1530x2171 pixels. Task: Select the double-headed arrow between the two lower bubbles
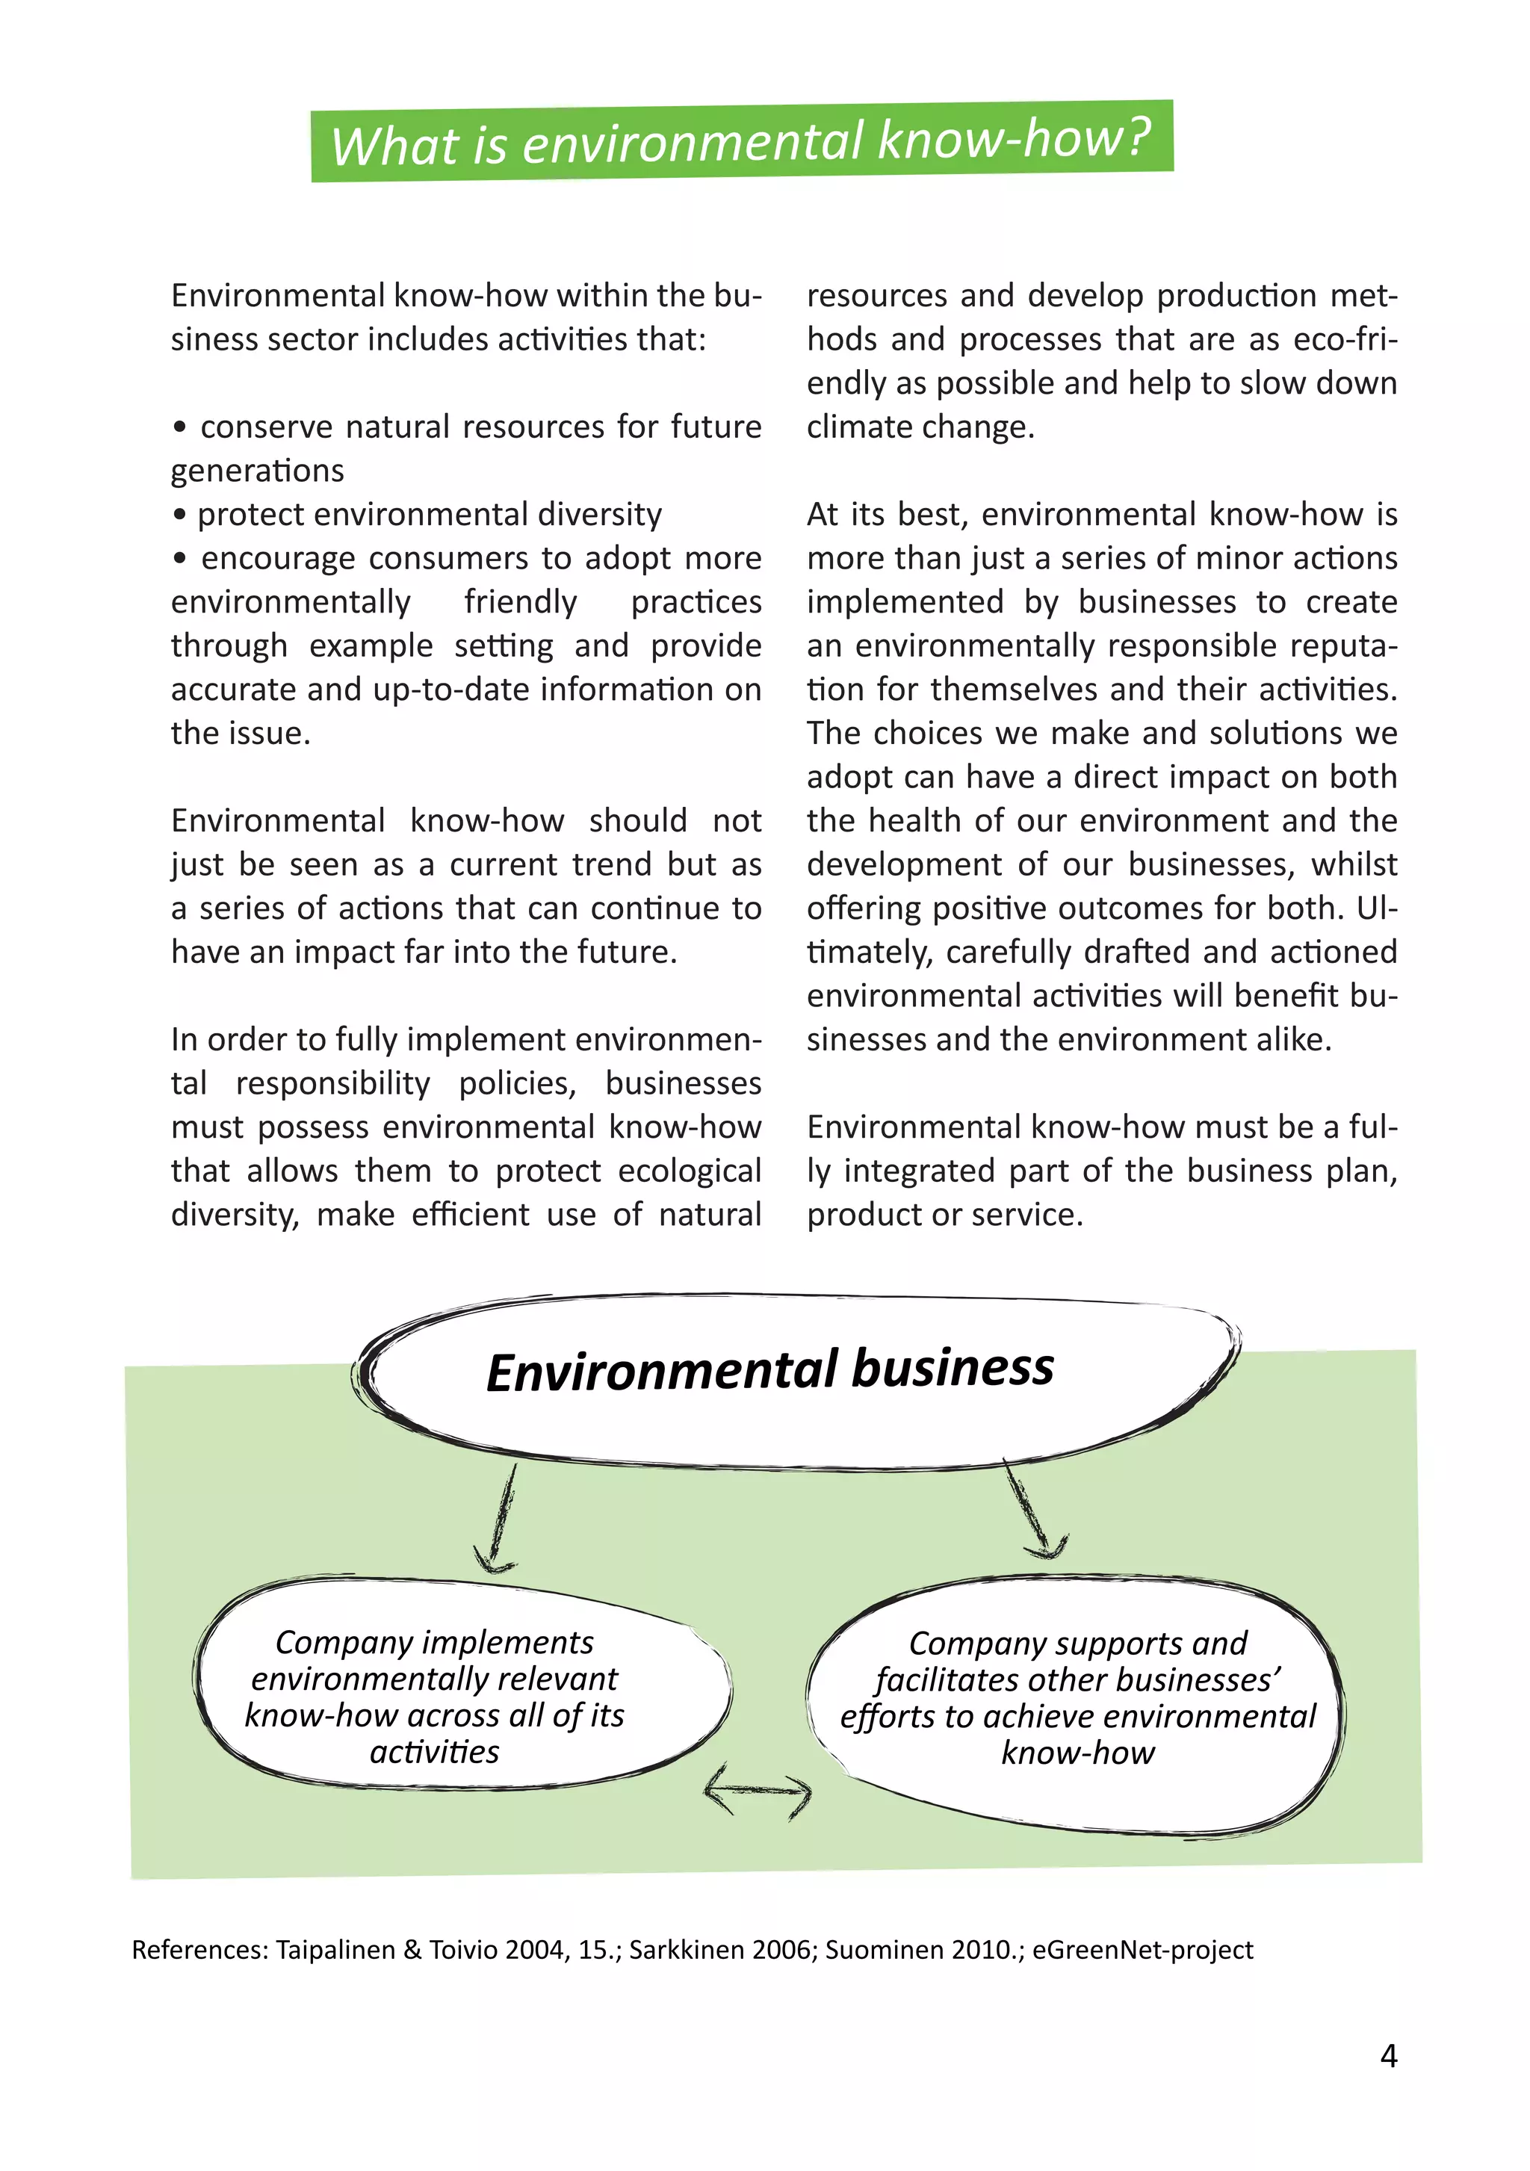click(x=758, y=1789)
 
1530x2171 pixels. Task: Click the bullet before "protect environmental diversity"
click(x=179, y=515)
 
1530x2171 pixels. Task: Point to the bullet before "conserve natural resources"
click(x=179, y=427)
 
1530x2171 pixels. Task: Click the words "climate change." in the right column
click(x=920, y=427)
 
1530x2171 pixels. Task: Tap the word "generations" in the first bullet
click(x=257, y=471)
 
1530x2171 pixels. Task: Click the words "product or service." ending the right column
click(x=944, y=1214)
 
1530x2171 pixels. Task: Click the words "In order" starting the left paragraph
click(x=231, y=1039)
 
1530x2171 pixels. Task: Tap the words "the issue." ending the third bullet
click(x=241, y=733)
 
